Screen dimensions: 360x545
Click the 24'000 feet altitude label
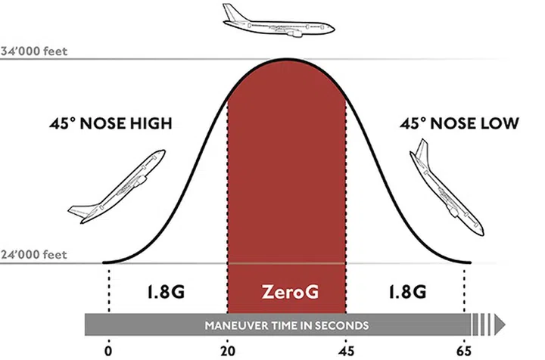[x=35, y=255]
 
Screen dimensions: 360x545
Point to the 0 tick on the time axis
[x=109, y=349]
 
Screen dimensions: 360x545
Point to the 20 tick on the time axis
[x=227, y=349]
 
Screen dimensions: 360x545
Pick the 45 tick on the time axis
[x=346, y=349]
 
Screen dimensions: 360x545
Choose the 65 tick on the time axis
[x=465, y=349]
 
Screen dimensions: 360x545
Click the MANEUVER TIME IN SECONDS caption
[x=286, y=325]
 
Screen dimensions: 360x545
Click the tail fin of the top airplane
[x=229, y=11]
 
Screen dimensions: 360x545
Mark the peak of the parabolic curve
[x=286, y=59]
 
